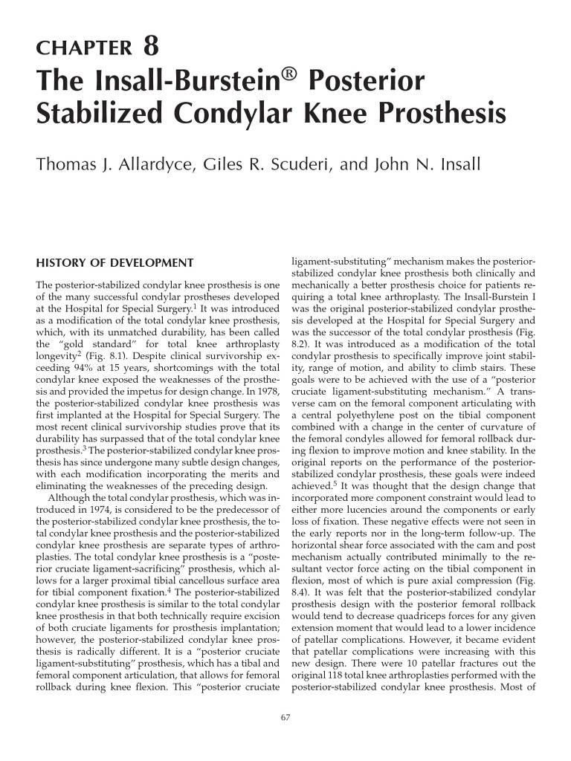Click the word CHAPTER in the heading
point(83,49)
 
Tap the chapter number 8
point(151,47)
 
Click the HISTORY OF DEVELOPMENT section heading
point(115,263)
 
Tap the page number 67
point(285,717)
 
